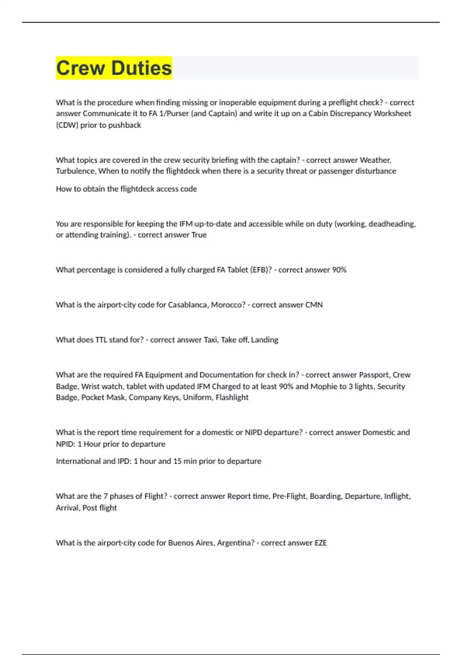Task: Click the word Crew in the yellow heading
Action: (80, 68)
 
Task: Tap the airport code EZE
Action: (321, 543)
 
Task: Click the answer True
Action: (199, 235)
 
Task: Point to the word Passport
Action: (375, 375)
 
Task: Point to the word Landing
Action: (264, 340)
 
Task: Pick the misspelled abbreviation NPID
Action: (65, 444)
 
